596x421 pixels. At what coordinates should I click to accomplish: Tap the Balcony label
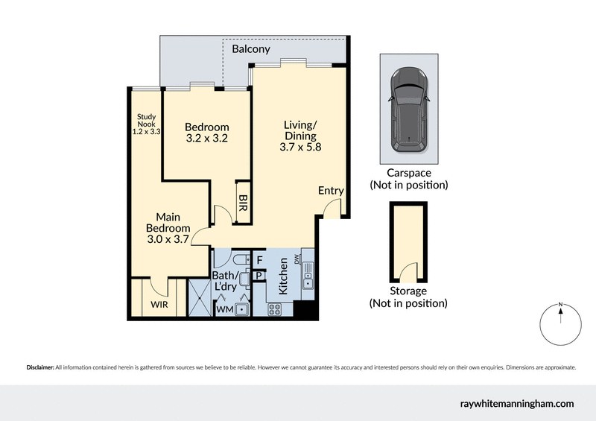[251, 49]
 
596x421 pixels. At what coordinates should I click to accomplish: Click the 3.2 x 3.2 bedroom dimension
[206, 139]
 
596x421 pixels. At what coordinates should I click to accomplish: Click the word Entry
[331, 191]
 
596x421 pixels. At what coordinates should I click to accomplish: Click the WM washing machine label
[224, 308]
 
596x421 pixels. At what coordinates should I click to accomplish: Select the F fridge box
[259, 260]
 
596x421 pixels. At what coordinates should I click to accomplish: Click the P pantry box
[259, 275]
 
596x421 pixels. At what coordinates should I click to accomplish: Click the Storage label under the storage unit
[408, 291]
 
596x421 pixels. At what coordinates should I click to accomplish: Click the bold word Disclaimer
[39, 367]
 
